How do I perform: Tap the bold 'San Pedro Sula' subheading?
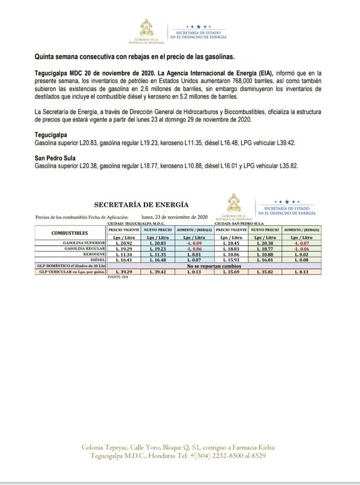(55, 158)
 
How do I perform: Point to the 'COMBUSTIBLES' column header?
(70, 233)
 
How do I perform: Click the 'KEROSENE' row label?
(92, 254)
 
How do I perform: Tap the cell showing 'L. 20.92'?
(124, 243)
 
